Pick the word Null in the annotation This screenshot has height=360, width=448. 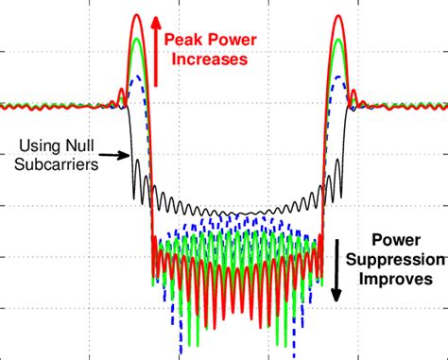click(x=78, y=145)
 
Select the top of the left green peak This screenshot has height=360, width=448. click(x=138, y=40)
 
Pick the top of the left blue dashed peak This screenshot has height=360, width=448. click(x=138, y=76)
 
